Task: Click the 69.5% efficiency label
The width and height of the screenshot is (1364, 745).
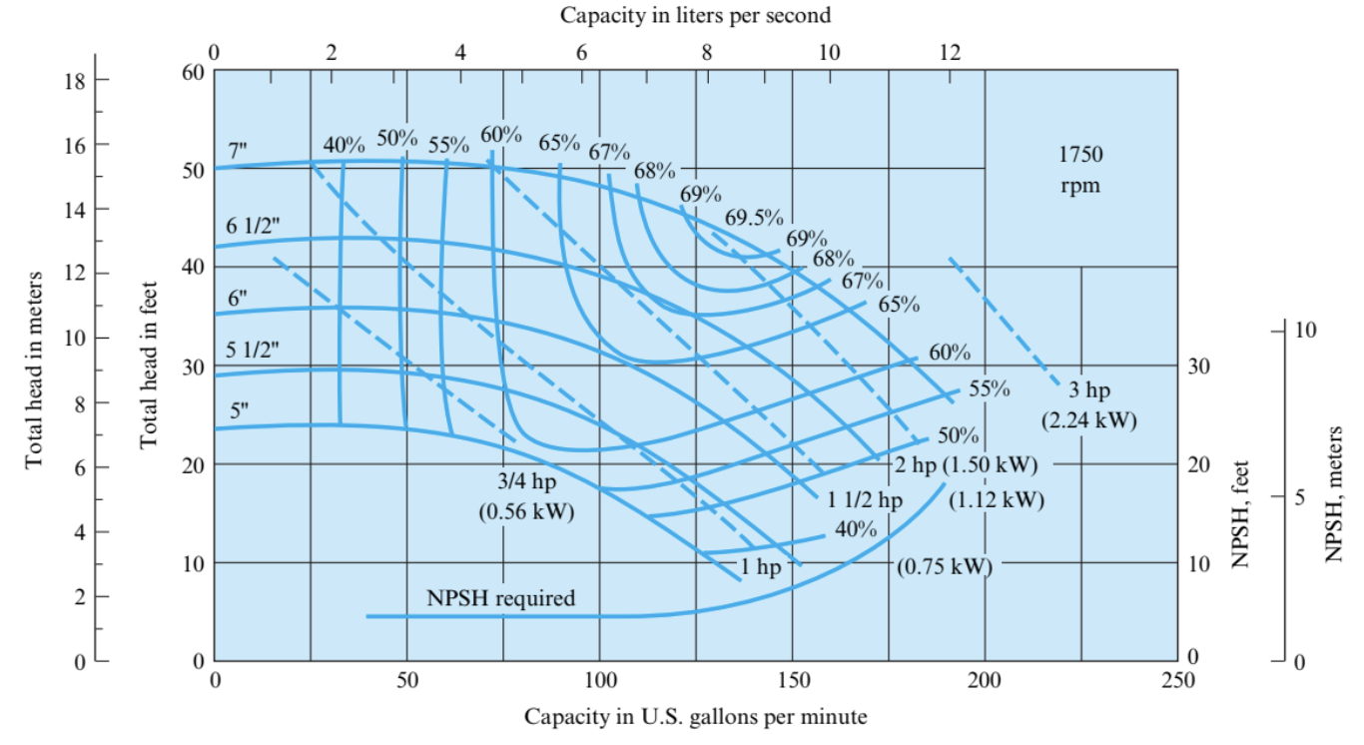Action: pos(754,218)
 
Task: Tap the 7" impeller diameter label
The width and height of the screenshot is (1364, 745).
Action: pos(237,150)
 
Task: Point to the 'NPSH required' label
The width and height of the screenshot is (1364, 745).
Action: pos(501,599)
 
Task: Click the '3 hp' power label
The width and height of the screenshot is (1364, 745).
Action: pos(1089,390)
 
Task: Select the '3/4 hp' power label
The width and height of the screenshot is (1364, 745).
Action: pos(527,481)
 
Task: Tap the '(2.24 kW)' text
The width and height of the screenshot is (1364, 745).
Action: pos(1088,420)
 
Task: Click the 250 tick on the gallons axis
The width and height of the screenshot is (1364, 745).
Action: pos(1177,681)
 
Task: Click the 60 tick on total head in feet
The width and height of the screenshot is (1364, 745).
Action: pos(193,72)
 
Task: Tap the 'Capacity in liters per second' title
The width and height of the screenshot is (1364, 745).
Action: pos(695,15)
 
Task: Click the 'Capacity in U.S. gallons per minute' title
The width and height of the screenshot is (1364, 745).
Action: pos(695,717)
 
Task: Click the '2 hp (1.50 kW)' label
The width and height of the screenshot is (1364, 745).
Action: pos(966,465)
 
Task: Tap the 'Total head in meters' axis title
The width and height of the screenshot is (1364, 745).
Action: pos(35,370)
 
